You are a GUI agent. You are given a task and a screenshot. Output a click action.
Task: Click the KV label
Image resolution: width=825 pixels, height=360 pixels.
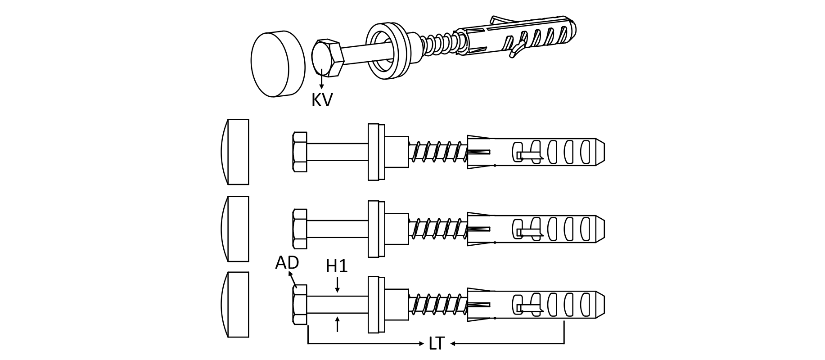322,99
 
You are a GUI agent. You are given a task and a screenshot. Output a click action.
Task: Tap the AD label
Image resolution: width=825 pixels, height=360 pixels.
287,262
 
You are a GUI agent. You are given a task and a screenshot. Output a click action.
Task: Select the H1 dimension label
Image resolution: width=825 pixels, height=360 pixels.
337,267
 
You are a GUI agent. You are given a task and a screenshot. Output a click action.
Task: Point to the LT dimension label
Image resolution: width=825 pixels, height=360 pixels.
436,344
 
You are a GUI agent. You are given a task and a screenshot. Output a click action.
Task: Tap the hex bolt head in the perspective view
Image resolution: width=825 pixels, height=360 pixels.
327,58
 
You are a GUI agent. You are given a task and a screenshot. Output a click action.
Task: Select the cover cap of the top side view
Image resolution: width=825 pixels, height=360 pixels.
235,152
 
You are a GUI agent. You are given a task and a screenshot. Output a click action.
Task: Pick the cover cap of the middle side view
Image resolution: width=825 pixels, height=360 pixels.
235,229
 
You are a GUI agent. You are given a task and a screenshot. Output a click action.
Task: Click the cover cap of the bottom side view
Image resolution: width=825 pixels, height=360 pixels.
235,304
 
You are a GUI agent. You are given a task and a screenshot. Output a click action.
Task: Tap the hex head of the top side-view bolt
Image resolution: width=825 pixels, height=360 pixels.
300,152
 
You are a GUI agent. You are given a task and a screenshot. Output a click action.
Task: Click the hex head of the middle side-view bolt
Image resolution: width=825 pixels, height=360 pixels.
300,229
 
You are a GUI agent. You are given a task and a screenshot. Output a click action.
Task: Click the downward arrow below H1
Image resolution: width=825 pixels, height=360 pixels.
337,285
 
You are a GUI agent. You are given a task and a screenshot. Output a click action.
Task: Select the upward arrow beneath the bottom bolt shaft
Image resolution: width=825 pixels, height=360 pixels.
337,324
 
